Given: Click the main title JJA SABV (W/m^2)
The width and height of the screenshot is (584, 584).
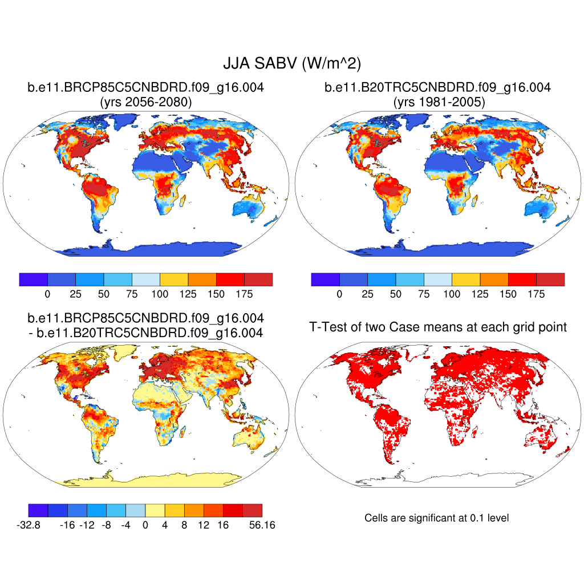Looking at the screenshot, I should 291,63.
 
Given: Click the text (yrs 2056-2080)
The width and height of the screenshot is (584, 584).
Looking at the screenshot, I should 145,102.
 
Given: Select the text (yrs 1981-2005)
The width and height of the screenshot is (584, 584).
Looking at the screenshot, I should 437,102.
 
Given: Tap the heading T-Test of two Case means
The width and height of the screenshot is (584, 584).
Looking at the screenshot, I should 437,327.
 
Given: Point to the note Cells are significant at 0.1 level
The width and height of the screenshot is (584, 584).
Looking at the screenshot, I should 436,518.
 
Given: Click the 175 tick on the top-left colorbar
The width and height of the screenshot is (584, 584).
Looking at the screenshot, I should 244,294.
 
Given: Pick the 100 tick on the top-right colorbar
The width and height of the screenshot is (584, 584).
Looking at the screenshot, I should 452,294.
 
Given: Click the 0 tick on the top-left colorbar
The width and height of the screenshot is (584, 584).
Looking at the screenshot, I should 47,294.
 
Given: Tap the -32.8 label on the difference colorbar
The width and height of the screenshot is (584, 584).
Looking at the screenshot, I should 29,525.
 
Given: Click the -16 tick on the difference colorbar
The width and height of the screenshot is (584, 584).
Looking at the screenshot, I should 67,525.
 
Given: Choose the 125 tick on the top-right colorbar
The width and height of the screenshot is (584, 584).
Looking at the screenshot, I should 480,294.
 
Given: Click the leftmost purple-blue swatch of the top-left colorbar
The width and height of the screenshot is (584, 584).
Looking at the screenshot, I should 33,279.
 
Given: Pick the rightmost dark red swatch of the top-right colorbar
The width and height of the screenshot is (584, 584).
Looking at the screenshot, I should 550,279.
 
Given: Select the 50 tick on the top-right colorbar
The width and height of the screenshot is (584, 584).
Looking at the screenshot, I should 396,294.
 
